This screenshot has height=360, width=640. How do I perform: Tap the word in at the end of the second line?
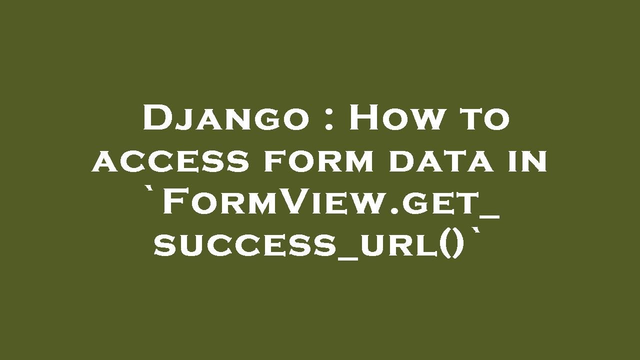529,161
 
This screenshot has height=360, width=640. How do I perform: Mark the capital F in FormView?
173,203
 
